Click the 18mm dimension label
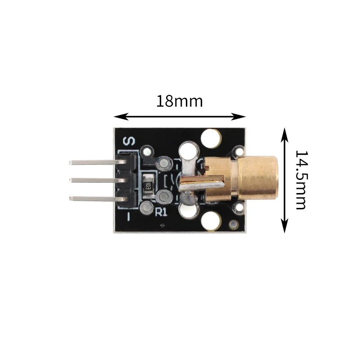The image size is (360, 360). [180, 101]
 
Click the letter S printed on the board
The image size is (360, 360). [129, 141]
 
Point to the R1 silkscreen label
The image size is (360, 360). [162, 211]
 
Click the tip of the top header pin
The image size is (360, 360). [70, 162]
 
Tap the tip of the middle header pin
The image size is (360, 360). [70, 180]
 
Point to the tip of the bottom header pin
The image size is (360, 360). [70, 198]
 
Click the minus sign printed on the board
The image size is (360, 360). [129, 216]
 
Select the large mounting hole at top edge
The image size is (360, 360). [211, 138]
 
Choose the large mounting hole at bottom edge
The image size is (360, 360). [211, 221]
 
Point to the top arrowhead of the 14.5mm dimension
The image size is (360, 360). [285, 135]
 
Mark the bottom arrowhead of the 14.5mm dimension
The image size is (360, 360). [285, 226]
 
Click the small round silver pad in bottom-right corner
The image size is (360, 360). [234, 225]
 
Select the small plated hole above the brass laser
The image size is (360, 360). [239, 152]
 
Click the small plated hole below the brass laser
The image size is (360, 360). [239, 207]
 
